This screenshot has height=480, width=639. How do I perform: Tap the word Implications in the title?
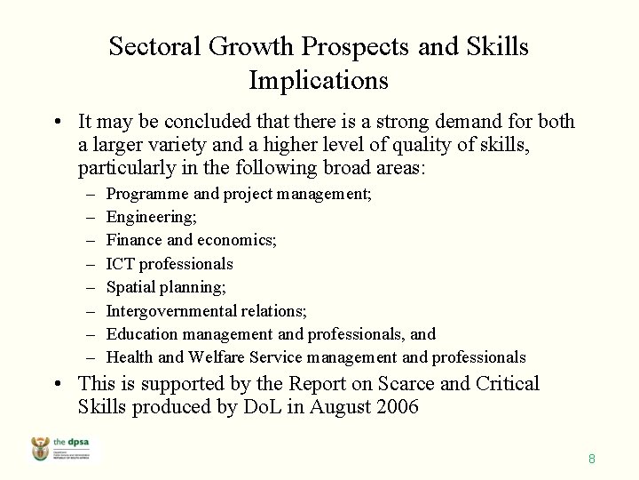(319, 81)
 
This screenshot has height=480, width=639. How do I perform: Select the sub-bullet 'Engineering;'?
(152, 217)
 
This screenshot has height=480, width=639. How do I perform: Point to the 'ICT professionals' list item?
(170, 264)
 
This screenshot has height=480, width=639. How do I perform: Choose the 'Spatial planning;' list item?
(166, 287)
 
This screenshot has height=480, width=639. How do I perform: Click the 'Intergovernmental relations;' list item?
(207, 311)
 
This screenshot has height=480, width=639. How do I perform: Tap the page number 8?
(591, 460)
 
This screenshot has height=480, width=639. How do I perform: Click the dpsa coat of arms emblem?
(41, 450)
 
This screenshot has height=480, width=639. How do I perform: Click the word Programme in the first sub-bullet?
(147, 193)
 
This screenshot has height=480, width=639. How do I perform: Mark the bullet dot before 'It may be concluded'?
(56, 123)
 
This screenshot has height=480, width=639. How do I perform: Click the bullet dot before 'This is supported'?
(56, 385)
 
